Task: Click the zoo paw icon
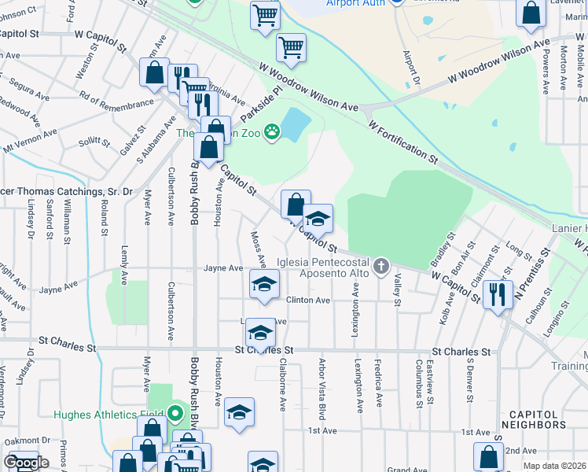(x=272, y=131)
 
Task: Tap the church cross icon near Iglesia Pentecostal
(x=381, y=266)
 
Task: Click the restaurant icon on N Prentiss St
(x=498, y=295)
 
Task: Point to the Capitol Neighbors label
(x=533, y=419)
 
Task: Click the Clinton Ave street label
(x=307, y=300)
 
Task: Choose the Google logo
(x=26, y=463)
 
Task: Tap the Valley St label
(x=398, y=290)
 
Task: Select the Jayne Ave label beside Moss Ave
(x=223, y=268)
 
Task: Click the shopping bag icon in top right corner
(x=531, y=13)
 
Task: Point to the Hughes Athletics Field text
(x=107, y=415)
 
